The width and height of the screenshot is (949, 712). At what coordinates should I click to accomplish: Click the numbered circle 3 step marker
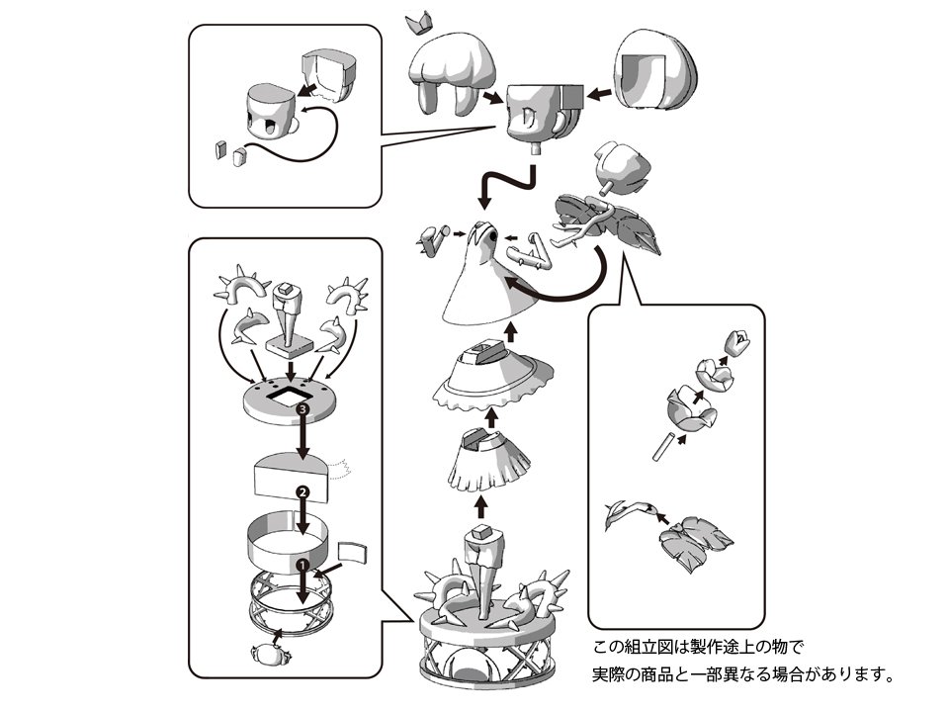coord(303,406)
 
